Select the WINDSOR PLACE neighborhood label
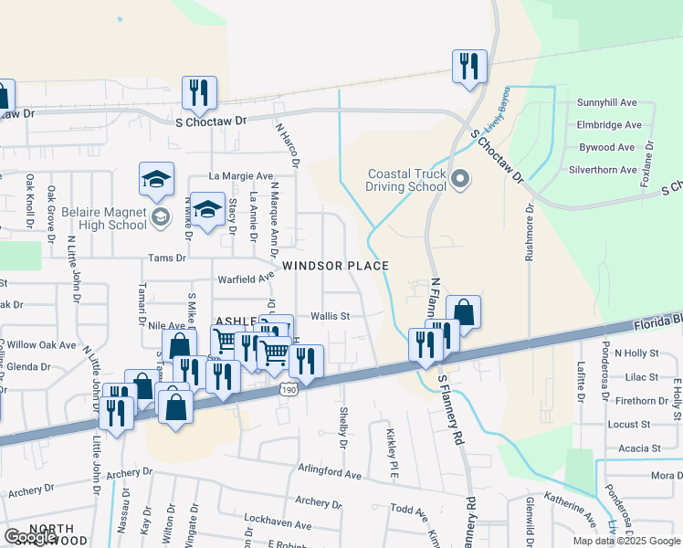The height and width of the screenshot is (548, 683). point(335,266)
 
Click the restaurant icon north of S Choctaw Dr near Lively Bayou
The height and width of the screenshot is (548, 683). point(469,67)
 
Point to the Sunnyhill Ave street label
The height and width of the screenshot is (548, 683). point(606,103)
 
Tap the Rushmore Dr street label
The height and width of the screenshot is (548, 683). point(529,234)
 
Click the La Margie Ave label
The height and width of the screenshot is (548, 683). point(241,175)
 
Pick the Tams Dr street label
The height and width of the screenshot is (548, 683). point(167,258)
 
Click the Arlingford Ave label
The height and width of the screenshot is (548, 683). point(318,475)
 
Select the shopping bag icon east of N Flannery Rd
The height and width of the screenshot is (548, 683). point(463,313)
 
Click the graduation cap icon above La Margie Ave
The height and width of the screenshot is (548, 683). point(156,179)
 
